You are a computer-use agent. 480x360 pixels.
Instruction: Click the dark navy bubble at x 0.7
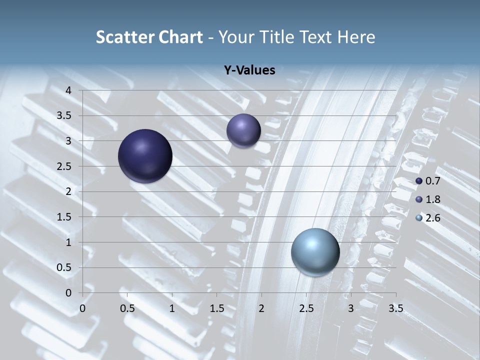(145, 156)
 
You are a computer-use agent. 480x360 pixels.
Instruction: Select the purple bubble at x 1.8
(243, 130)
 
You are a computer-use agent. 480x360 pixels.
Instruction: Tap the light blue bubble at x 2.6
(315, 252)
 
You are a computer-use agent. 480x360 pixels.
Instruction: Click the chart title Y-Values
(249, 70)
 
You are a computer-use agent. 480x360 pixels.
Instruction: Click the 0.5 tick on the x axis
(127, 308)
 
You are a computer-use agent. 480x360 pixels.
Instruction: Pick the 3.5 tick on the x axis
(395, 308)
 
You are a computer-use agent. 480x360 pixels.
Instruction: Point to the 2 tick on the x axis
(261, 308)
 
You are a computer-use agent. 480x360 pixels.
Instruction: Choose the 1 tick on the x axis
(172, 308)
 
